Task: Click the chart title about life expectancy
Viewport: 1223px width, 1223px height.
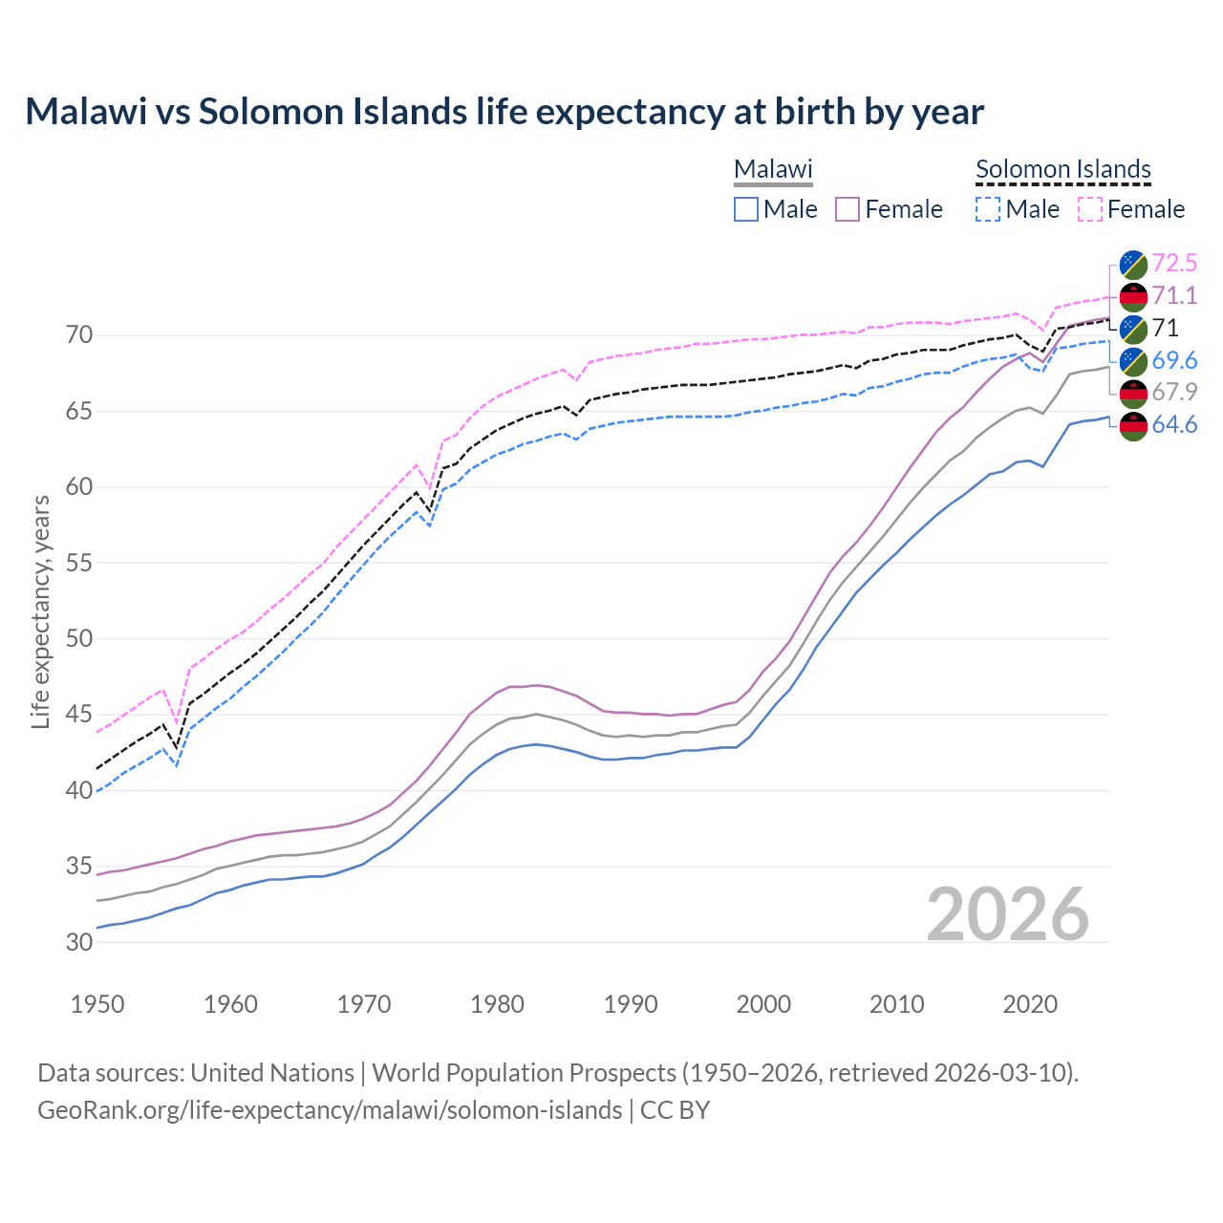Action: [x=504, y=112]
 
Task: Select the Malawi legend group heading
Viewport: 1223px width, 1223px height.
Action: [x=773, y=169]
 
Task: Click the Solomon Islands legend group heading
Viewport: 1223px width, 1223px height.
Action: [x=1062, y=169]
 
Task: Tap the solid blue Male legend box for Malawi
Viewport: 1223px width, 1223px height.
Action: [x=746, y=209]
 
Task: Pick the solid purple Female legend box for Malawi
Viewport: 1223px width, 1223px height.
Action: [x=848, y=209]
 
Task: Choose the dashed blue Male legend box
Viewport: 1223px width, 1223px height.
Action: [x=988, y=209]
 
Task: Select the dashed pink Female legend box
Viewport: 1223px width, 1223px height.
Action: [x=1090, y=209]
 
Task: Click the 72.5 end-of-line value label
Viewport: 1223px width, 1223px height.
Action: [x=1174, y=263]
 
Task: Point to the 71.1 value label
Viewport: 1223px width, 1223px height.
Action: [x=1174, y=295]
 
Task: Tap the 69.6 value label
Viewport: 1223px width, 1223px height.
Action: [x=1174, y=360]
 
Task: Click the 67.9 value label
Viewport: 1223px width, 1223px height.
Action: [x=1174, y=392]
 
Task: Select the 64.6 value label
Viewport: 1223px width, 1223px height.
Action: [x=1174, y=424]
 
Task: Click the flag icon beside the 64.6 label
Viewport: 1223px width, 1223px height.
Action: [x=1133, y=425]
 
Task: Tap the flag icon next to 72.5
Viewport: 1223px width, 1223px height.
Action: [x=1133, y=264]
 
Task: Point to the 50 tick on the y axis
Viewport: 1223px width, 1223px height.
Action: [x=79, y=638]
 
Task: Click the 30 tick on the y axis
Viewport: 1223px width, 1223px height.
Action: [x=79, y=942]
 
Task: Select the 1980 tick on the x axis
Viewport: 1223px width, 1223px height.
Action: [x=497, y=1004]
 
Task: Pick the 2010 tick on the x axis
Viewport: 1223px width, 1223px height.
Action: [x=896, y=1004]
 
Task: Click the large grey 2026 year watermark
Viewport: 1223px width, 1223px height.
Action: [x=1007, y=914]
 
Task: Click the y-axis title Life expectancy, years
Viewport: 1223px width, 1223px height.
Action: [x=40, y=611]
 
